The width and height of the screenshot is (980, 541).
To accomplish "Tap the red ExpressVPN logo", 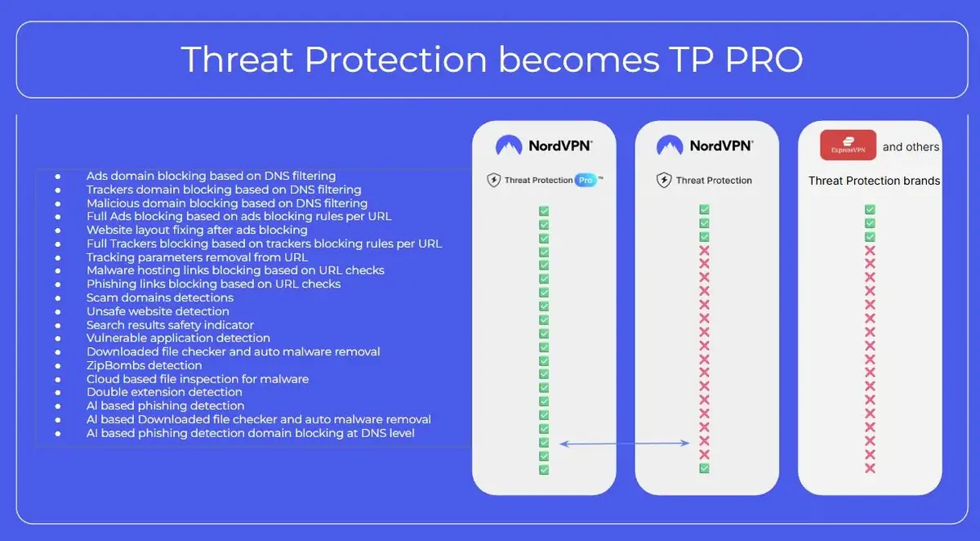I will tap(849, 145).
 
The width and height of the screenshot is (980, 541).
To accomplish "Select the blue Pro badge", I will tap(585, 180).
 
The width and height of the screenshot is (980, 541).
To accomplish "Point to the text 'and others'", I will tap(911, 147).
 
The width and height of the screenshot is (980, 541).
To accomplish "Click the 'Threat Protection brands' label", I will tap(874, 181).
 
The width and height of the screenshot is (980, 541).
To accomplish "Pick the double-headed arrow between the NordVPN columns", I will tap(626, 444).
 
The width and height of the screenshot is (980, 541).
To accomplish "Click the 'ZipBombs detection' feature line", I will tap(144, 365).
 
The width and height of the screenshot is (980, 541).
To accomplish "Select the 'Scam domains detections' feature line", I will tap(160, 297).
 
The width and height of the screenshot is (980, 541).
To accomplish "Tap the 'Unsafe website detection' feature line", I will tap(158, 311).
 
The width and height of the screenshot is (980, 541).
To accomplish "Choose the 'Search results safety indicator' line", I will tap(170, 324).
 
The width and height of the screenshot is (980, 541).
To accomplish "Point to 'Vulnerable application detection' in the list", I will tap(178, 338).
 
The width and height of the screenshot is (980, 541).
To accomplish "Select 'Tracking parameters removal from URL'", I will tap(197, 257).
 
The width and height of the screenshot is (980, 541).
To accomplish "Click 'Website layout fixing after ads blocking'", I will tap(197, 230).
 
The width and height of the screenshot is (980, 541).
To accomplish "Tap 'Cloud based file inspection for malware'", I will tap(198, 378).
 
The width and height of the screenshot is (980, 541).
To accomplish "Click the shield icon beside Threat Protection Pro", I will tap(493, 180).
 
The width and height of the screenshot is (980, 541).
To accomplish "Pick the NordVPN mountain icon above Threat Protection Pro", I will tap(509, 145).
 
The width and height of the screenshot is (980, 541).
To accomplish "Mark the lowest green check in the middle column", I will tap(704, 468).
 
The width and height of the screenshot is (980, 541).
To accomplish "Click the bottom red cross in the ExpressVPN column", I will tap(870, 468).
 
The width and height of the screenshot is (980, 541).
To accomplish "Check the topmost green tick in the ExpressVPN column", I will tap(870, 210).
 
